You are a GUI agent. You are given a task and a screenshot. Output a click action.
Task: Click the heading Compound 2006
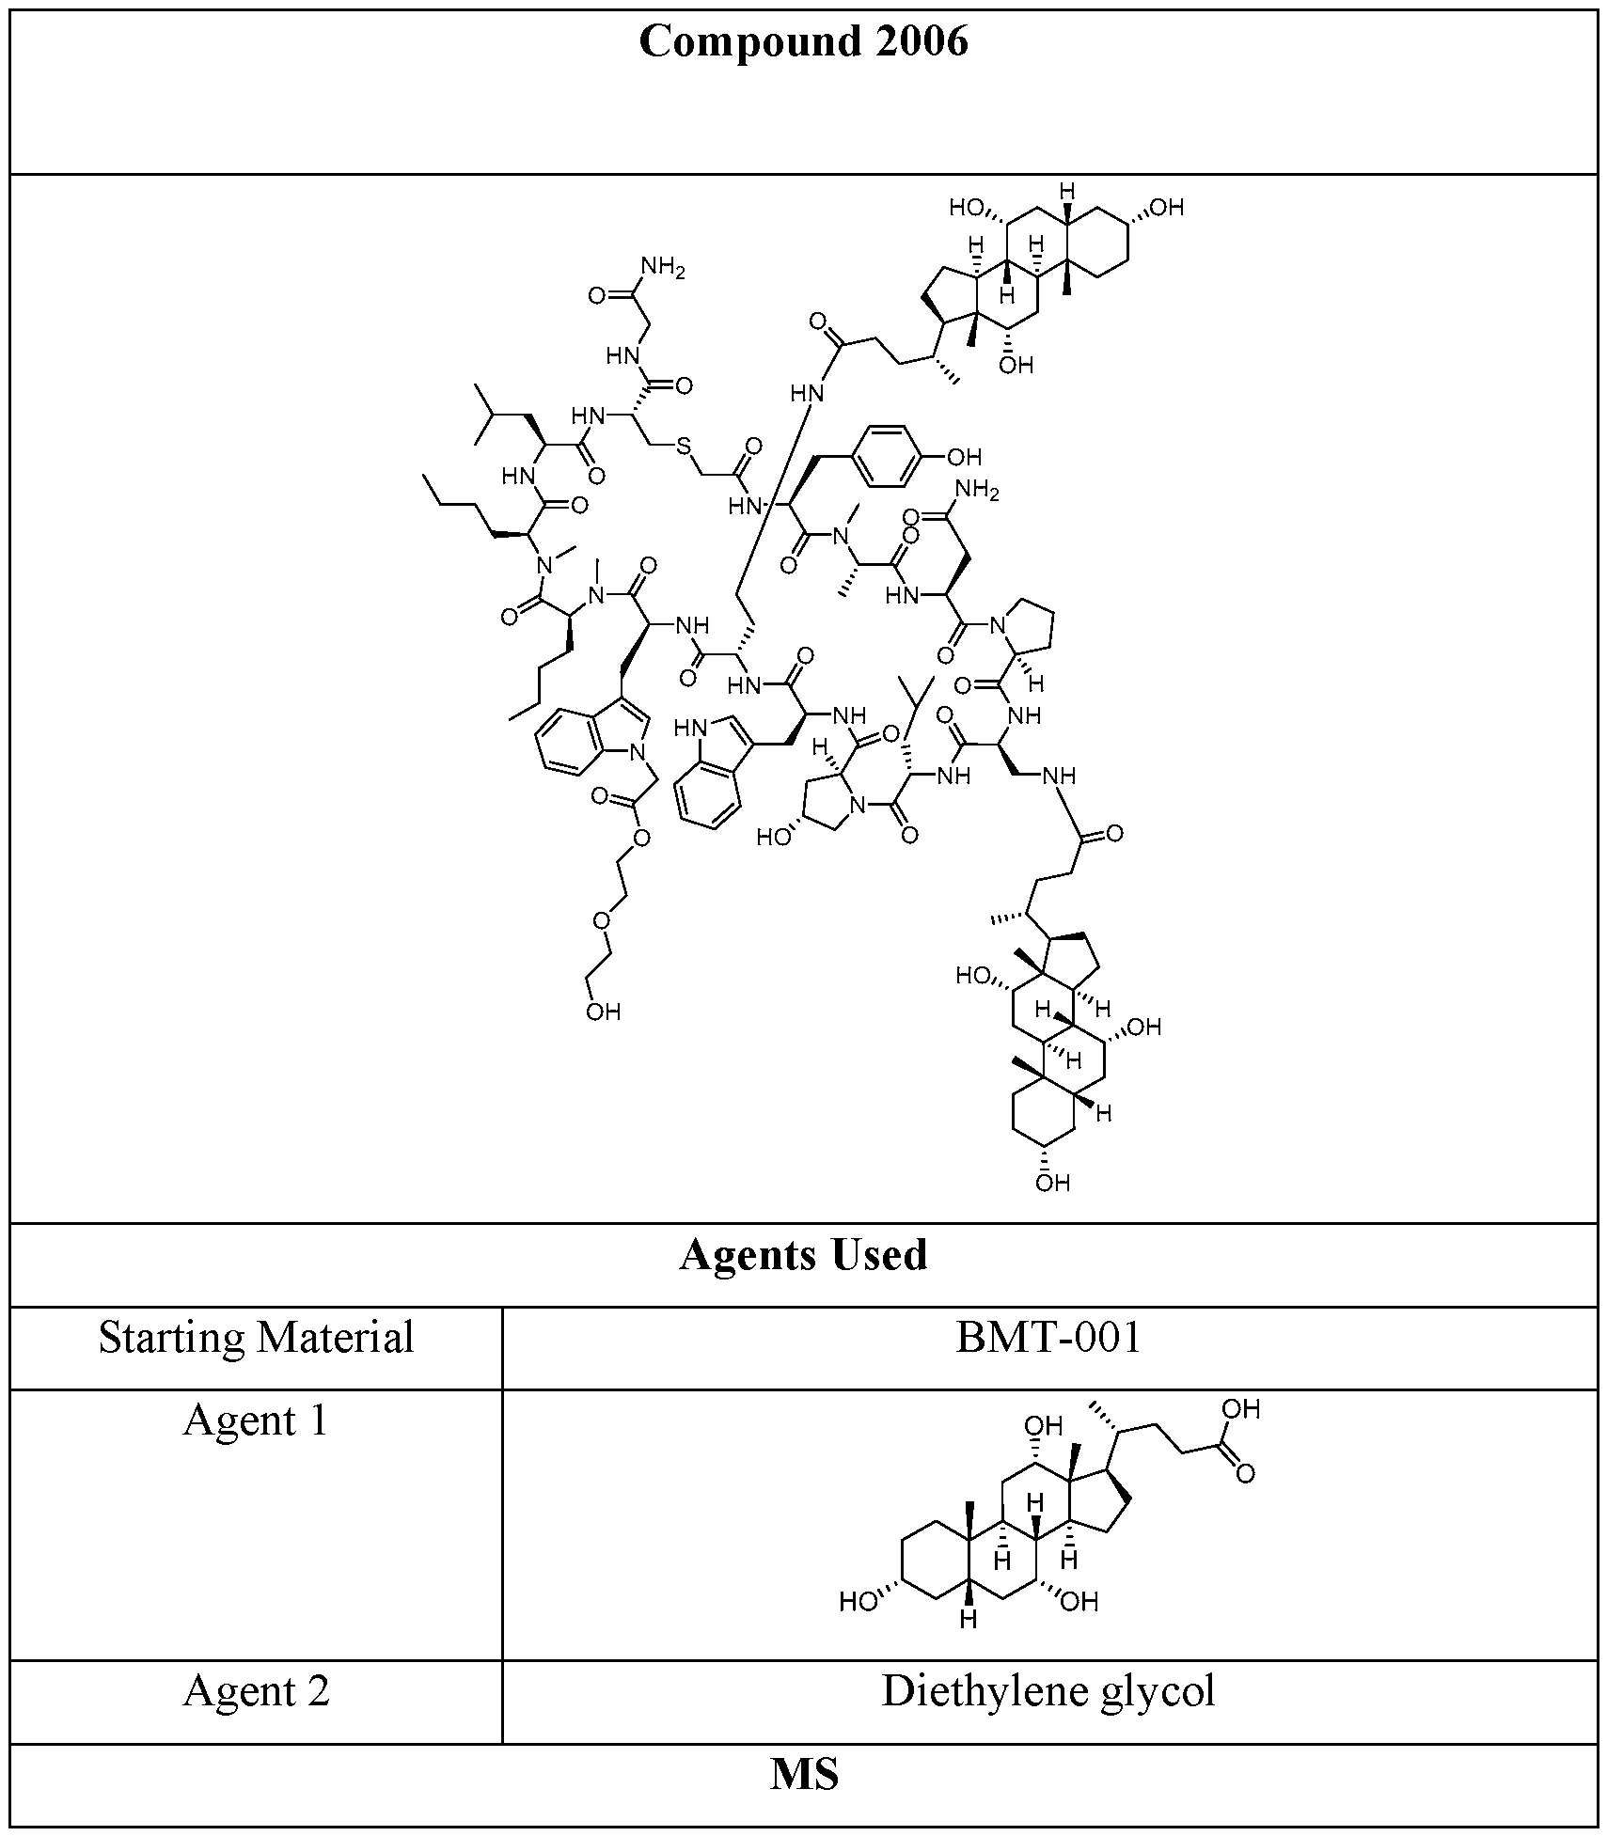click(803, 42)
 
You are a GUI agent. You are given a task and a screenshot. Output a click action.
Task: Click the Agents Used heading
click(803, 1256)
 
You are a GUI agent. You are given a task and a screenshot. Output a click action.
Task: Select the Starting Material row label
click(256, 1339)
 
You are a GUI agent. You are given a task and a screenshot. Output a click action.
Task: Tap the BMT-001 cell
click(1048, 1339)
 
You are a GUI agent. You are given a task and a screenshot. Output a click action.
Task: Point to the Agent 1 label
click(256, 1420)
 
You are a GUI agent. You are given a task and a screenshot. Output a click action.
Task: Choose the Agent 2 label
click(256, 1691)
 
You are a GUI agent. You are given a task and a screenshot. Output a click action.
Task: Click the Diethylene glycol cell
click(1048, 1691)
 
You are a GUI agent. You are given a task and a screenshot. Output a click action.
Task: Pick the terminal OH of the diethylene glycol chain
click(603, 1012)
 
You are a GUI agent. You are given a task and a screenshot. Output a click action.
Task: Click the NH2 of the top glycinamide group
click(664, 269)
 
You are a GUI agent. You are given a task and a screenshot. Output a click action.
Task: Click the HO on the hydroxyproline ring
click(774, 836)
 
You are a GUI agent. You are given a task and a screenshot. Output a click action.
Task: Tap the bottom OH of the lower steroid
click(1052, 1183)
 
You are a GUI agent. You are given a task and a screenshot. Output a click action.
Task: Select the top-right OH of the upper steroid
click(1165, 208)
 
